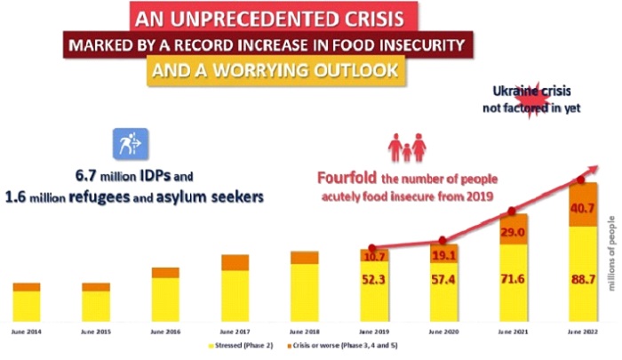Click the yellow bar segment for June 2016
pyautogui.click(x=165, y=299)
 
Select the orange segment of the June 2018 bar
pyautogui.click(x=304, y=258)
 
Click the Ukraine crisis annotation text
pyautogui.click(x=540, y=100)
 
